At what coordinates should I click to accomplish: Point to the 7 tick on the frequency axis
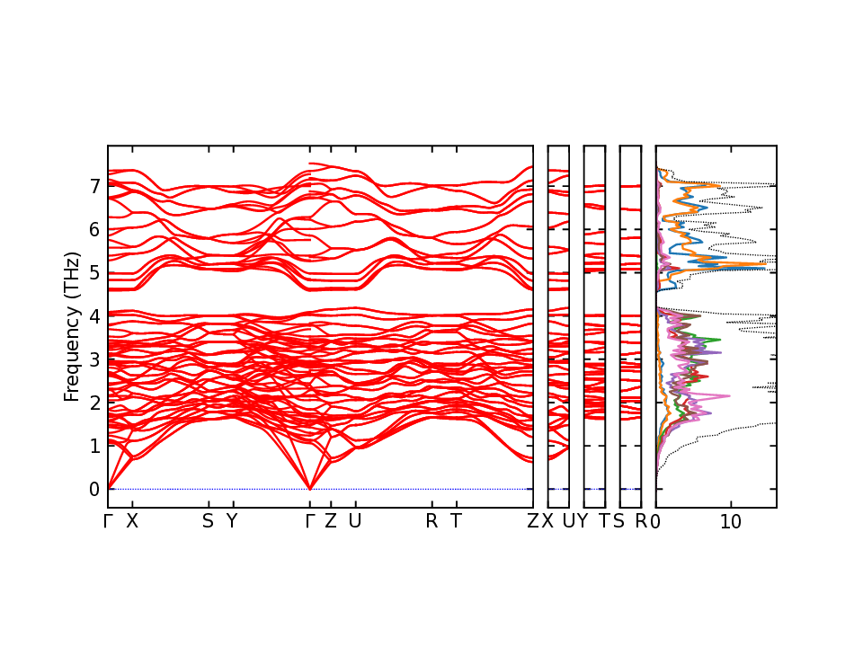coord(93,186)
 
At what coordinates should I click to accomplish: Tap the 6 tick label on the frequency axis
coord(93,229)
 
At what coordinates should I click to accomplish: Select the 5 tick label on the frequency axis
coord(93,272)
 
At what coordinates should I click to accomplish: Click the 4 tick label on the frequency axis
coord(93,316)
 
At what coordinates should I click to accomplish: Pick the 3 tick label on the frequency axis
coord(93,359)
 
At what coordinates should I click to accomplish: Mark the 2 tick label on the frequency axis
coord(93,403)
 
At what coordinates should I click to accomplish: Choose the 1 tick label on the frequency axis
coord(93,446)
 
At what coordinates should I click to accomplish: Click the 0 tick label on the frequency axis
coord(93,489)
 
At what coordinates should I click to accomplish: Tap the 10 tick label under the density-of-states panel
coord(731,521)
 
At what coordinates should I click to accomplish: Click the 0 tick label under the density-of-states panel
coord(657,521)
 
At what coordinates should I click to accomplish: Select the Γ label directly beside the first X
coord(108,521)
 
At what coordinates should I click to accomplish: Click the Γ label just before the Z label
coord(310,521)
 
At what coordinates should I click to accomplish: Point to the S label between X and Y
coord(208,521)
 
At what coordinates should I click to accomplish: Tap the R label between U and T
coord(431,521)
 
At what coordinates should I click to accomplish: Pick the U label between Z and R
coord(354,521)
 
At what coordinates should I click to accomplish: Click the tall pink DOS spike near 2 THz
coord(728,395)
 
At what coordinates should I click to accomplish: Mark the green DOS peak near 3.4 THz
coord(720,340)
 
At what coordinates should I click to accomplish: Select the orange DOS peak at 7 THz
coord(719,186)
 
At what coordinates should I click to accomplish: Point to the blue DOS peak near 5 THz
coord(765,268)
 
